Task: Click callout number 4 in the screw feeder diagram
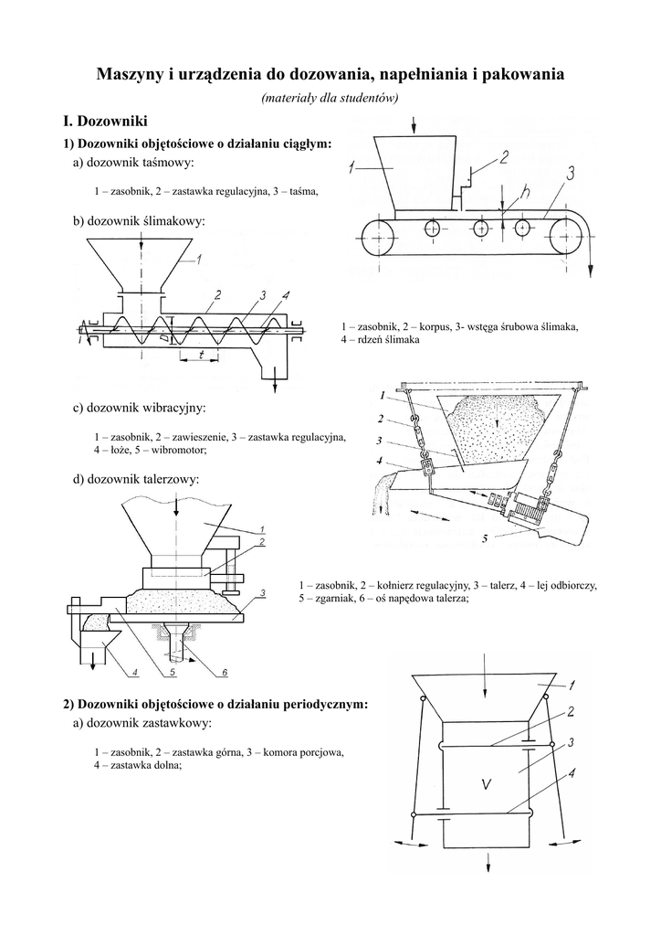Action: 286,295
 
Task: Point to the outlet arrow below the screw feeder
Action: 275,384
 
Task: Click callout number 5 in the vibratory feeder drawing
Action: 485,538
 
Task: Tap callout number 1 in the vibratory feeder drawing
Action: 380,396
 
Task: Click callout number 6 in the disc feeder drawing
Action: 224,674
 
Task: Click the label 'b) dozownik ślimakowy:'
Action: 139,221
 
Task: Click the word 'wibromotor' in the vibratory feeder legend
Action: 179,450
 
